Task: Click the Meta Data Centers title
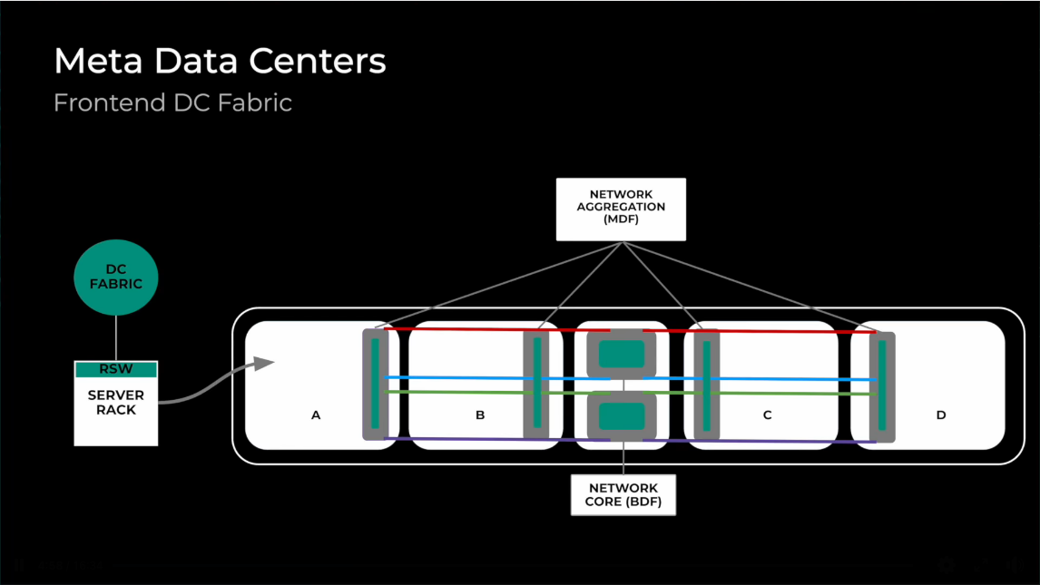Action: [x=220, y=62]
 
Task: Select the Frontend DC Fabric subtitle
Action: [x=172, y=102]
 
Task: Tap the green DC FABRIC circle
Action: [x=116, y=278]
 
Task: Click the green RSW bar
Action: [x=116, y=369]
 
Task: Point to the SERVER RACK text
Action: [x=116, y=403]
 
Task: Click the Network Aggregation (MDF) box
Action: [x=621, y=209]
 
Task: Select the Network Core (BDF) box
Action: [x=623, y=494]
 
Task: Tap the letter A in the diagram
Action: [x=316, y=415]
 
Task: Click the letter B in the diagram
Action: [x=480, y=415]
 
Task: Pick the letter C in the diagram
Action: [x=767, y=415]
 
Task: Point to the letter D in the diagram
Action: [x=941, y=415]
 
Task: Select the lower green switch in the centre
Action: [x=622, y=415]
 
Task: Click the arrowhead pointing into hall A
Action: [x=264, y=364]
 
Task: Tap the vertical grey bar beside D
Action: [x=881, y=386]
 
